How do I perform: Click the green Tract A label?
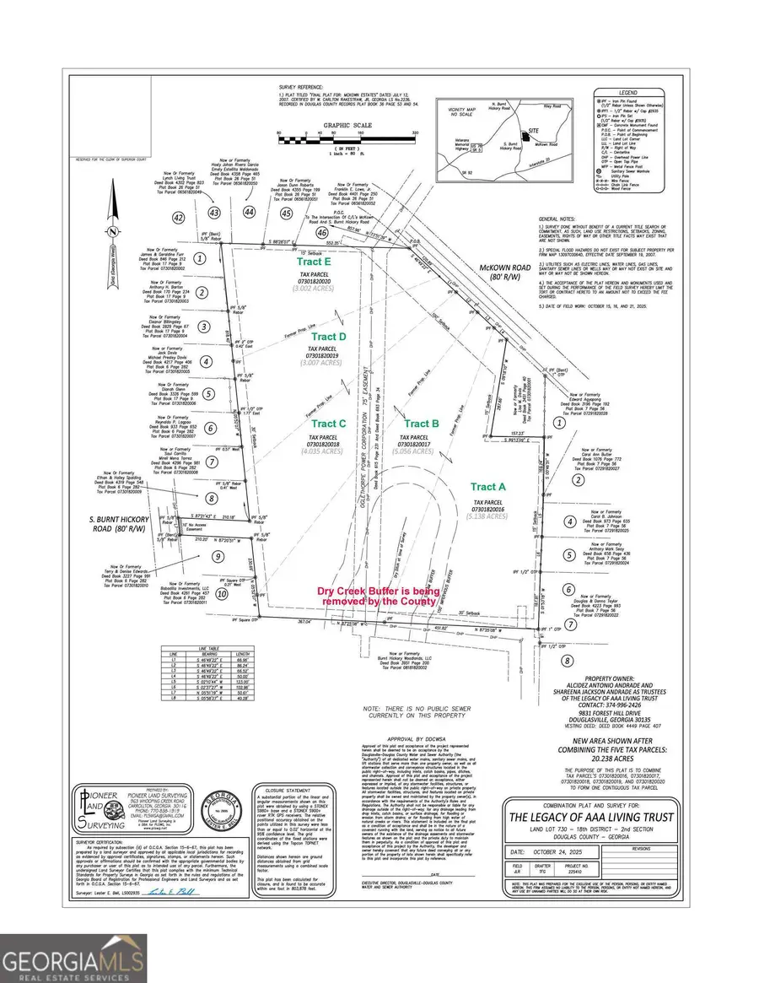tap(488, 487)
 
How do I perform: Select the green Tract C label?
tap(329, 424)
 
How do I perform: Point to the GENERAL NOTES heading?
tap(556, 217)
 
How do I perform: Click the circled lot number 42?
tap(178, 218)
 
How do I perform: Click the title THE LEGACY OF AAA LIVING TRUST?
tap(611, 816)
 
